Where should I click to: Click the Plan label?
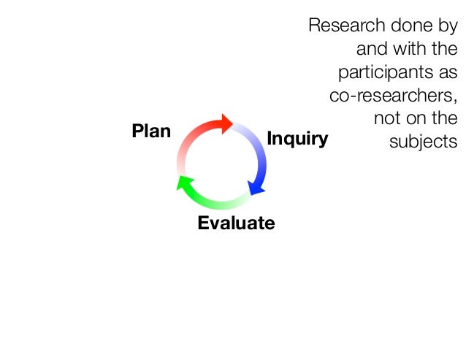tap(150, 132)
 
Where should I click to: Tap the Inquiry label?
tap(297, 139)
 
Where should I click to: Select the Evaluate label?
tap(236, 223)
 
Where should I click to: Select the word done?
tap(404, 26)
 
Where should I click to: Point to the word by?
tap(446, 27)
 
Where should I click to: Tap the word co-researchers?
tap(394, 96)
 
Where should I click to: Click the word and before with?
tap(371, 50)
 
